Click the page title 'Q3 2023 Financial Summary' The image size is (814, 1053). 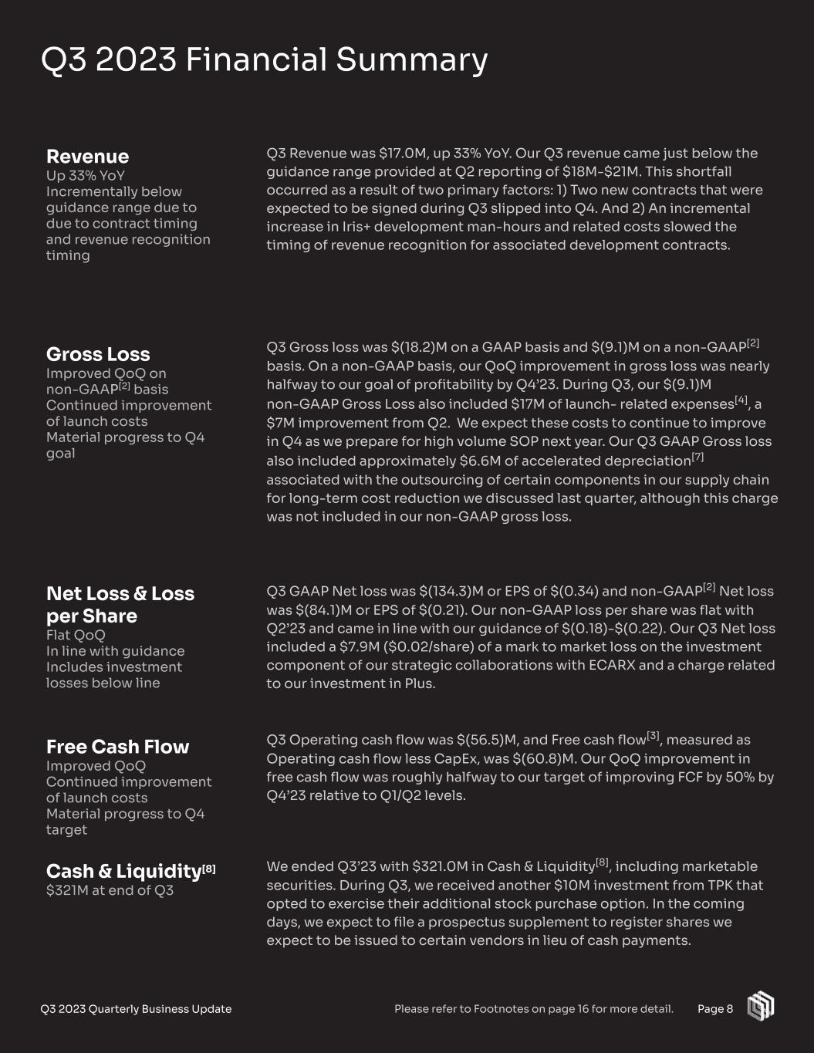coord(264,59)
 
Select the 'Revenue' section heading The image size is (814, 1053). coord(87,156)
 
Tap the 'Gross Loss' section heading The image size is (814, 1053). coord(98,354)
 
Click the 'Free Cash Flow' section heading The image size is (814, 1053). coord(117,747)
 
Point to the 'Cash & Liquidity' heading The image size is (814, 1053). coord(123,871)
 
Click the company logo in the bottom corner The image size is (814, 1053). coord(760,1007)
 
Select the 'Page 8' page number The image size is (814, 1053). coord(715,1009)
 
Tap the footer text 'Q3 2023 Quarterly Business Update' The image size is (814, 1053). coord(136,1009)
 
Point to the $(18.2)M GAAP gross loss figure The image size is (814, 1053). coord(405,348)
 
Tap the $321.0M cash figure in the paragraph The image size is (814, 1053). coord(443,867)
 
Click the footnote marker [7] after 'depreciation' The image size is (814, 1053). coord(697,457)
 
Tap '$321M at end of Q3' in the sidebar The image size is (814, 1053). coord(110,890)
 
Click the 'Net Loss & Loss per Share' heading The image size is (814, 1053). coord(120,605)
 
